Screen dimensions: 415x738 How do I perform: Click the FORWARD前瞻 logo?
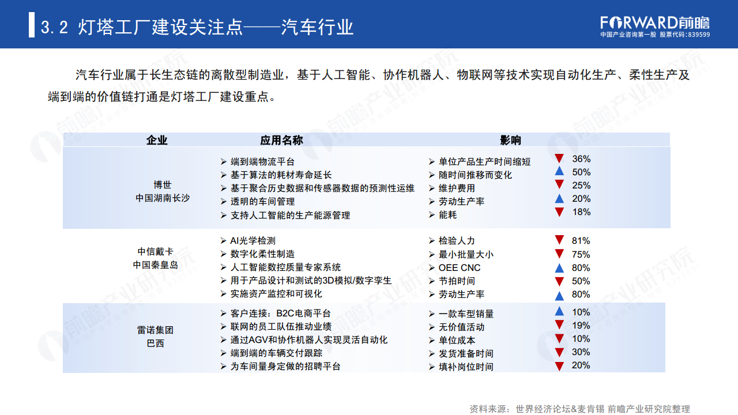tap(654, 22)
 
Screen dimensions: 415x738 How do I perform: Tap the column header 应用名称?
tap(281, 140)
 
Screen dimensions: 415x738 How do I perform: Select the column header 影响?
tap(510, 140)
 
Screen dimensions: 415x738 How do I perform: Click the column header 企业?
tap(157, 140)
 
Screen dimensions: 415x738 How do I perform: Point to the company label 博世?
tap(163, 185)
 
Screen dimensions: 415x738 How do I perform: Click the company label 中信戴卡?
tap(155, 252)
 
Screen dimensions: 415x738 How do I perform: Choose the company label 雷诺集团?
tap(155, 330)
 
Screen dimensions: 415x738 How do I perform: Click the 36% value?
tap(581, 159)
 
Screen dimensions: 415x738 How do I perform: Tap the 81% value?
tap(581, 241)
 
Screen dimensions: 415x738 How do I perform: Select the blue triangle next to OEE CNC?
tap(558, 268)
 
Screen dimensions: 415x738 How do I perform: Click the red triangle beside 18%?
tap(558, 212)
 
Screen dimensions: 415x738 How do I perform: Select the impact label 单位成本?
tap(458, 340)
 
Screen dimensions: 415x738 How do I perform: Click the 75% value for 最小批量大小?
tap(581, 254)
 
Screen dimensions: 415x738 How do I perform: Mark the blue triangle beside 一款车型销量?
tap(558, 312)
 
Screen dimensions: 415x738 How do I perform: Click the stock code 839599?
tap(698, 35)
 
